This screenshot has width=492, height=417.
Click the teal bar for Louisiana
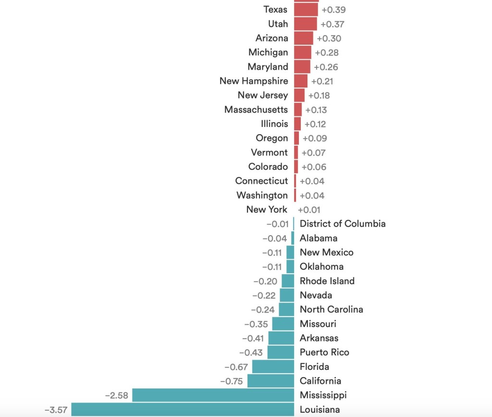(183, 409)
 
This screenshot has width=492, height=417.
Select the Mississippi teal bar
(213, 395)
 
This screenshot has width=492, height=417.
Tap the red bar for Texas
(306, 10)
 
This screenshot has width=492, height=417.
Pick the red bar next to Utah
(305, 24)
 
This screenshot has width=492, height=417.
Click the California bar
(271, 381)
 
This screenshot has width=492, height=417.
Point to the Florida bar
(273, 366)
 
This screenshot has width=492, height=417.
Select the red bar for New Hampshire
(301, 81)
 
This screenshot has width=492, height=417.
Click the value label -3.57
(56, 410)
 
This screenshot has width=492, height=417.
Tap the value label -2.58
(117, 395)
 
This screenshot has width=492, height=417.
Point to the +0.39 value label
(333, 10)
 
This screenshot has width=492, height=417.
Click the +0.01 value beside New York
(309, 210)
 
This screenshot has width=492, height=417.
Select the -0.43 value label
(251, 353)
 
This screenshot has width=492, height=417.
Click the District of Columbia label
(343, 224)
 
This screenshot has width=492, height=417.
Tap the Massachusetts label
(256, 110)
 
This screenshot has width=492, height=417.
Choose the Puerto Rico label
(324, 353)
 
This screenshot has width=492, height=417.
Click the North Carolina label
(332, 309)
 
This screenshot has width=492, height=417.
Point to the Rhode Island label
(327, 281)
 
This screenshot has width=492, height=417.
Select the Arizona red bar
(304, 38)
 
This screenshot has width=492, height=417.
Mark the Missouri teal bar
(283, 324)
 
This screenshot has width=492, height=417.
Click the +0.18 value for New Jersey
(319, 95)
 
